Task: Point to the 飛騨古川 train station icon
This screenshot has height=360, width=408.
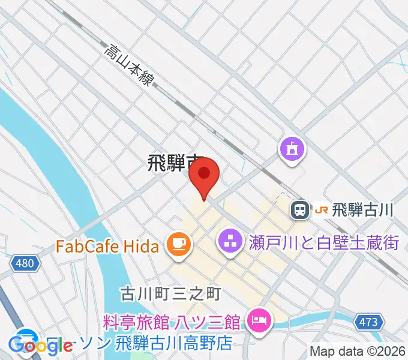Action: tap(299, 209)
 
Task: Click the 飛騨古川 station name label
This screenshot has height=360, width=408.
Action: tap(363, 209)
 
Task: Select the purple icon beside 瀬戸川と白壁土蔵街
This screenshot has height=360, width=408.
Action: tap(228, 243)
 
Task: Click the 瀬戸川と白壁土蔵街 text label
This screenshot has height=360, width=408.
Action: tap(323, 243)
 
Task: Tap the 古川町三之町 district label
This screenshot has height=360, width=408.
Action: tap(162, 293)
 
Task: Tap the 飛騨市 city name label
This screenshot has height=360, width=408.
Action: tap(174, 164)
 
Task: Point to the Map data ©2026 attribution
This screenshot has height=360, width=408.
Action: tap(358, 351)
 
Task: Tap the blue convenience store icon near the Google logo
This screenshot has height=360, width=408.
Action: tap(28, 337)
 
